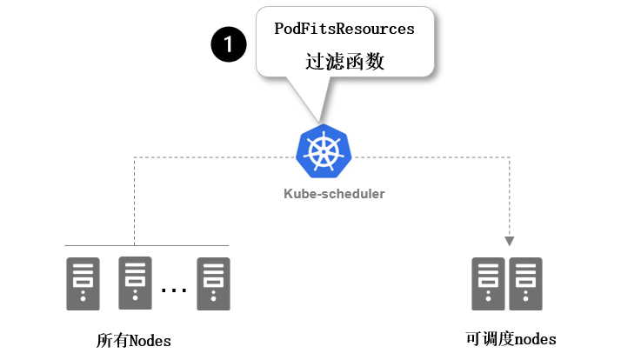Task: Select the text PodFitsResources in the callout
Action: [x=344, y=29]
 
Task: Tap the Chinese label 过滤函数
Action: [x=344, y=63]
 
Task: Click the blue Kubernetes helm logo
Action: [x=324, y=151]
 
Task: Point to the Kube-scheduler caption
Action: [x=334, y=193]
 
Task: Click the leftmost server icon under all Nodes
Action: [x=83, y=283]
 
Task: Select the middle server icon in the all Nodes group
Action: [x=135, y=283]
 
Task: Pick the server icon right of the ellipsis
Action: [x=214, y=283]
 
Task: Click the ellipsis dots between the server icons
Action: [x=174, y=290]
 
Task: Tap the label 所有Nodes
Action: [x=134, y=340]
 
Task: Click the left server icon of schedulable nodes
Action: [x=488, y=283]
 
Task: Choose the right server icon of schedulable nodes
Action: [x=526, y=283]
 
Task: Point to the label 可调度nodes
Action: [x=511, y=338]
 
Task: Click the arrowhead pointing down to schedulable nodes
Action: [x=511, y=241]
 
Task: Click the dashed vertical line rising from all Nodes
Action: [x=134, y=200]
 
